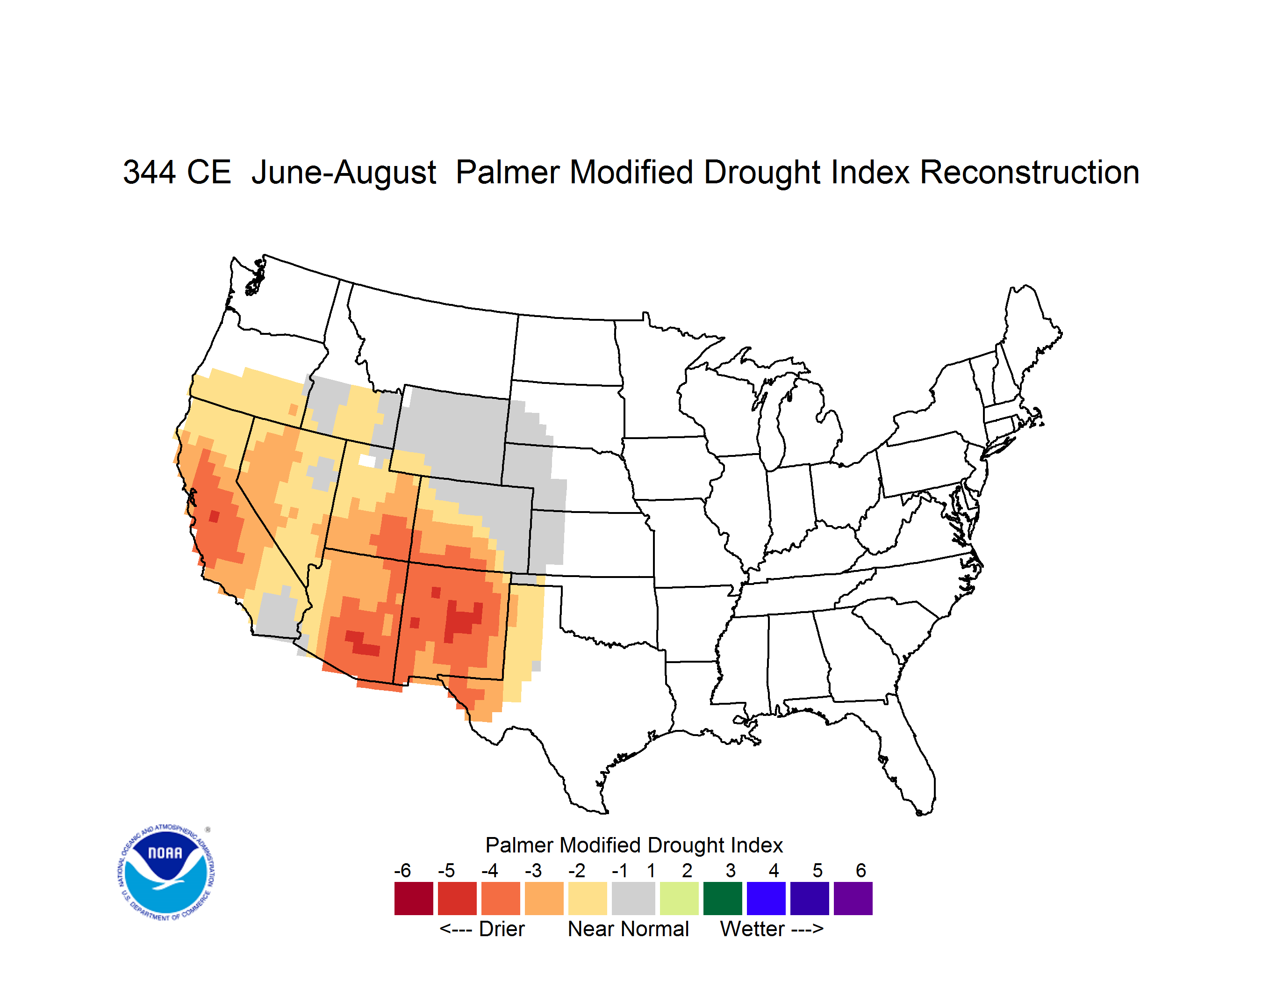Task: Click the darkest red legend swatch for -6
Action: (414, 898)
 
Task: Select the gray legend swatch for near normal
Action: (633, 898)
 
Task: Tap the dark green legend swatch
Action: (722, 898)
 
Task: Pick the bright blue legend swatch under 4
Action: (766, 898)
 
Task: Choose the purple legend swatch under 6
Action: (853, 898)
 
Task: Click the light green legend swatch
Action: (679, 898)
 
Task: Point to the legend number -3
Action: (533, 870)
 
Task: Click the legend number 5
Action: (817, 870)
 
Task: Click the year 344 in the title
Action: (149, 172)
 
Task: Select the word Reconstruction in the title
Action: (1029, 172)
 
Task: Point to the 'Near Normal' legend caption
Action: (628, 929)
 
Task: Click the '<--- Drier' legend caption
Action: (482, 929)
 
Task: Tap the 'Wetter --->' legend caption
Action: (771, 929)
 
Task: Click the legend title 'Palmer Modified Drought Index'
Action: (634, 845)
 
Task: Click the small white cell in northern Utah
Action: (367, 461)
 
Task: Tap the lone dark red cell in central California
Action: (215, 516)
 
